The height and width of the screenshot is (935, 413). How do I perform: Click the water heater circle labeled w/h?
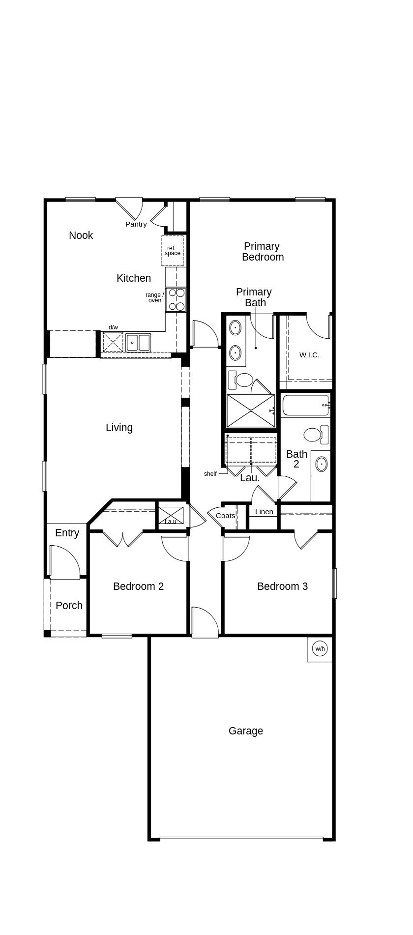tap(320, 649)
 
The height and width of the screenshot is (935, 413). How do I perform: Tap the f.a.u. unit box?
tap(171, 515)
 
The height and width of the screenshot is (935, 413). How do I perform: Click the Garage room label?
tap(245, 731)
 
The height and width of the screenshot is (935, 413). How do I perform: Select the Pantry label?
tap(136, 224)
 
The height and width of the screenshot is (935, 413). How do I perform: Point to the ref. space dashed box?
tap(173, 251)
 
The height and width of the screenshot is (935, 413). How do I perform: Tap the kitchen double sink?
tap(138, 342)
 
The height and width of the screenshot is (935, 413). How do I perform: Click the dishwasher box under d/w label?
tap(113, 342)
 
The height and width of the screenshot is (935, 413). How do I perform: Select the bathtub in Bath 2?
tap(305, 405)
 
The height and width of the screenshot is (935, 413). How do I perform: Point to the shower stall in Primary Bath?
tap(251, 410)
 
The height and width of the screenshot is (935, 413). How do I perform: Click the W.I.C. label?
tap(309, 355)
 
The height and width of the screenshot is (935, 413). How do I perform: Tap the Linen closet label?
tap(264, 512)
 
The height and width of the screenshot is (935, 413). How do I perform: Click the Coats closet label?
tap(225, 516)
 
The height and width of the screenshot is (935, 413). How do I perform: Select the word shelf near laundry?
tap(210, 474)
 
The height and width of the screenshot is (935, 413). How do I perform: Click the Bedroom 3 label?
tap(282, 586)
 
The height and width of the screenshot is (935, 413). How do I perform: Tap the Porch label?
tap(69, 606)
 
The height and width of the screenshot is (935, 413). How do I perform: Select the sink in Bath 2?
tap(322, 464)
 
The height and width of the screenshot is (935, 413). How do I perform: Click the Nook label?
tap(81, 235)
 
